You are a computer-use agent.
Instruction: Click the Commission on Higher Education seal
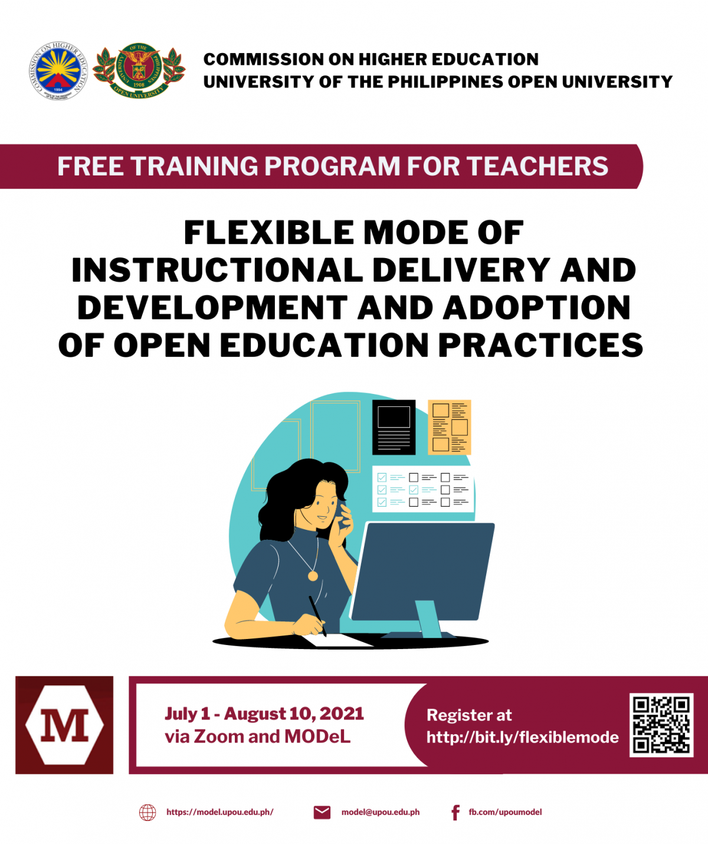tap(58, 71)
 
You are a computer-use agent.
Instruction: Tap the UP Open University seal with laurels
tap(139, 71)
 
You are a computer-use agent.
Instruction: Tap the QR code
tap(661, 725)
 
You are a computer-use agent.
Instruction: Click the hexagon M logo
tap(64, 725)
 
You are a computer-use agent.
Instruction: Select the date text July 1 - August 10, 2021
tap(264, 714)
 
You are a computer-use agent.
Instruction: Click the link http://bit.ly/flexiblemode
tap(522, 738)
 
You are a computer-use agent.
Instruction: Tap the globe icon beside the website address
tap(147, 813)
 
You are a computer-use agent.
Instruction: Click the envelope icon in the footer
tap(322, 813)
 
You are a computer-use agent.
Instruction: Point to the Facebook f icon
tap(455, 813)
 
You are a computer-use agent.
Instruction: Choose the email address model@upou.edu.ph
tap(381, 812)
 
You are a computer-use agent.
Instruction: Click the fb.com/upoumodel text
tap(505, 812)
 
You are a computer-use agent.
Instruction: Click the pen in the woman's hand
tap(317, 614)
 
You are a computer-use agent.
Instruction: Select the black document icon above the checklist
tap(394, 427)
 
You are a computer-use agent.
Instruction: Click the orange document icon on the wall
tap(449, 427)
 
